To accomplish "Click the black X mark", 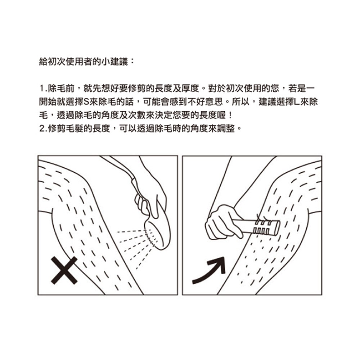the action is [64, 270].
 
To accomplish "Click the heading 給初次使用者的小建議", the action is [84, 62].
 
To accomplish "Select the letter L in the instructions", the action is [297, 102].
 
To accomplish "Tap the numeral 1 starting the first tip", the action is [41, 89].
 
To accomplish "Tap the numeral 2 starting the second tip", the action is [42, 129].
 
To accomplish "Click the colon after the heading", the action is [132, 62].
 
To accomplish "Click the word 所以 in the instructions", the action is [240, 102].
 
